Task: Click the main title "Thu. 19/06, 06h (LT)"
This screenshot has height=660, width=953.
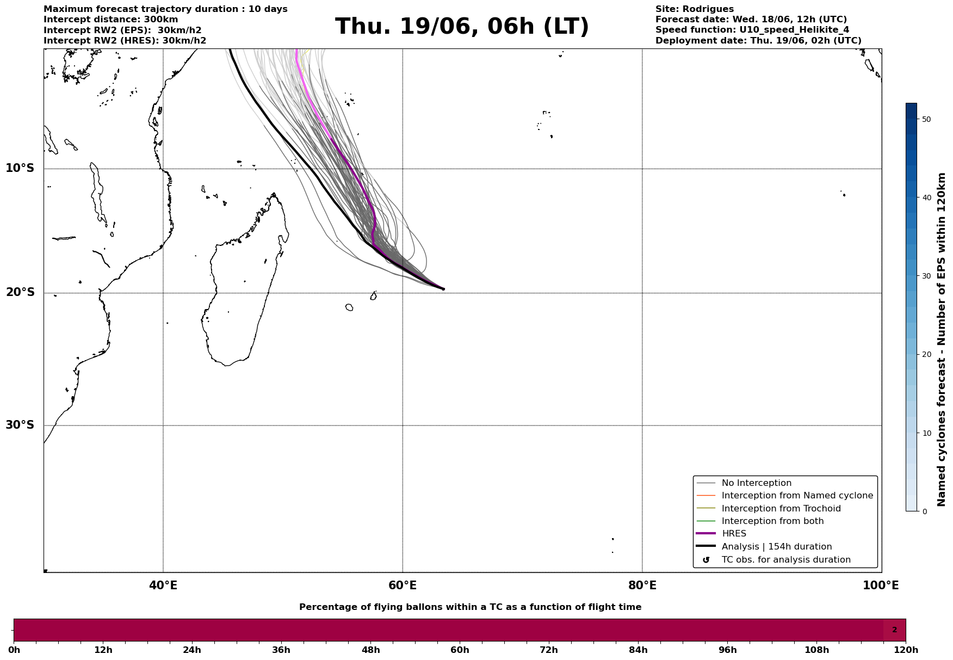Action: coord(462,27)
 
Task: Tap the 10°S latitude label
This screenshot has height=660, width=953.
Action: coord(20,168)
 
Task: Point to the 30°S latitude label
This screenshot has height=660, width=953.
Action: coord(20,425)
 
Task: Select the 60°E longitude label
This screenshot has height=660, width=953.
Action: coord(403,586)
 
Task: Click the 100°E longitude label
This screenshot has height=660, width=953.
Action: coord(881,586)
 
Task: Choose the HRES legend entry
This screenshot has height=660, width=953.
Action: coord(734,534)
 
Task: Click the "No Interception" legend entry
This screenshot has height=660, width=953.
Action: coord(756,483)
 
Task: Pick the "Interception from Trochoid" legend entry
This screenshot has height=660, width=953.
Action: coord(781,509)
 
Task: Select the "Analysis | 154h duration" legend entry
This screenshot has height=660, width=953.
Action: coord(776,547)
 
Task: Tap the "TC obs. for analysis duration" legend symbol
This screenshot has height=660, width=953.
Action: coord(706,560)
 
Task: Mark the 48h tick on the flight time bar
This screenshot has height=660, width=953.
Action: coord(371,650)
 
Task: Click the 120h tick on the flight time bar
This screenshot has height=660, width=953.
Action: coord(906,650)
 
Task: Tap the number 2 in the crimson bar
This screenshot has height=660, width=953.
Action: coord(894,630)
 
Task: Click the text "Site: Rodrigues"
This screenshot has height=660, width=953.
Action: coord(694,9)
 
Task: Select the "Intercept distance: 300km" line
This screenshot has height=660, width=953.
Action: coord(110,20)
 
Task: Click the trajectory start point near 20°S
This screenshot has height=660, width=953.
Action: coord(443,289)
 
